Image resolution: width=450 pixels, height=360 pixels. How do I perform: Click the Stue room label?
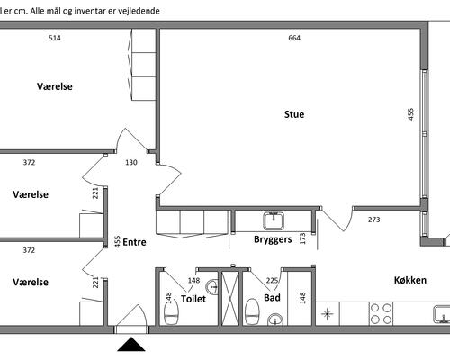(x=294, y=114)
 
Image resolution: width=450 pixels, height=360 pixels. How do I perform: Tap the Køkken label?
(x=410, y=280)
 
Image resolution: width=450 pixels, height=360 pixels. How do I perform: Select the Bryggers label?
(x=273, y=239)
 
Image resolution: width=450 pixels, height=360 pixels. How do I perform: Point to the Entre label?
(x=134, y=242)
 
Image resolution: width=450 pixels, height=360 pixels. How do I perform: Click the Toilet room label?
(x=193, y=299)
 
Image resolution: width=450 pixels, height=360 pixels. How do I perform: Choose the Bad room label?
(x=272, y=298)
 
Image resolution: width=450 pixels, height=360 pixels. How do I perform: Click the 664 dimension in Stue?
(x=294, y=38)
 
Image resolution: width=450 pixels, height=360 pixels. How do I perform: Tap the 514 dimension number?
(x=55, y=38)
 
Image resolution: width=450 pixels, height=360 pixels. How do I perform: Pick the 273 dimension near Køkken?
(x=374, y=220)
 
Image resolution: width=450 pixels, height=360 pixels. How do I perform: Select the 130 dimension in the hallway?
(x=131, y=162)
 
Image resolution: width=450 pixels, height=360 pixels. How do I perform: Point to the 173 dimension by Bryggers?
(x=302, y=238)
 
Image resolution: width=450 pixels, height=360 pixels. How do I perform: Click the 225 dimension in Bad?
(x=272, y=281)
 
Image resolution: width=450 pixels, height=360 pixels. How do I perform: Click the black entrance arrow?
(x=131, y=345)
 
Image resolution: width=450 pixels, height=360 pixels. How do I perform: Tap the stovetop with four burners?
(x=381, y=314)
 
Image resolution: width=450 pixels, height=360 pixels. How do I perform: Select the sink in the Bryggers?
(x=274, y=220)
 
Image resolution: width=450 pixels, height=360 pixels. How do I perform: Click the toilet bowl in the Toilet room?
(x=172, y=312)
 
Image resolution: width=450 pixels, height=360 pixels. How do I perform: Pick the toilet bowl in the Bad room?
(x=252, y=311)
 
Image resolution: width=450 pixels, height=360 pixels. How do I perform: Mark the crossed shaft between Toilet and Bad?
(x=230, y=298)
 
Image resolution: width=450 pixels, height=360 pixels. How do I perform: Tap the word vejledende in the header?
(x=139, y=11)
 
